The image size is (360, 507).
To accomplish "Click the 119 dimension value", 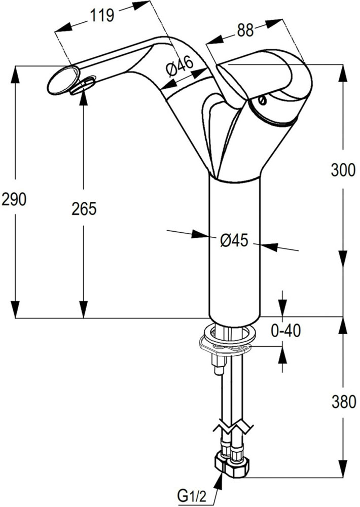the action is (x=101, y=16).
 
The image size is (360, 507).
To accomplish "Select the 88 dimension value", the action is (x=245, y=30).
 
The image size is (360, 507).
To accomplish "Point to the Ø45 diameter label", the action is (x=234, y=240).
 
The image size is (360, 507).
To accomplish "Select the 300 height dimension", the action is (x=343, y=170).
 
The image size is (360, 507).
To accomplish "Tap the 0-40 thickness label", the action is (x=286, y=331).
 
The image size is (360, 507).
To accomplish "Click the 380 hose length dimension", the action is (x=343, y=402).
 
